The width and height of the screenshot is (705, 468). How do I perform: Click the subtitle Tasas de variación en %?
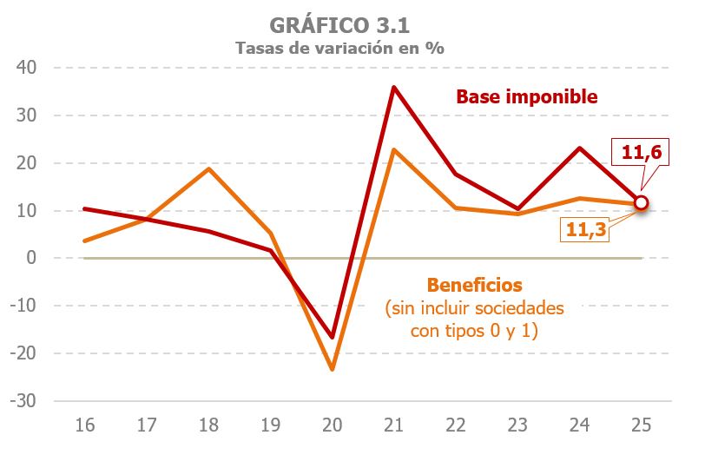[340, 48]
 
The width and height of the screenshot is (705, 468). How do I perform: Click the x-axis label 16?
[84, 425]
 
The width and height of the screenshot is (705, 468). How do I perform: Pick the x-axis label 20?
[333, 425]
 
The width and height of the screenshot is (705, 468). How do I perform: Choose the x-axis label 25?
[642, 425]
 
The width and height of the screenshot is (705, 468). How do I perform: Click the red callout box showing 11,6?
[642, 152]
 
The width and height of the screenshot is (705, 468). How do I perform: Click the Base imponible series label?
[527, 96]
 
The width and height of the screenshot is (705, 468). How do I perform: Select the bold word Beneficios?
[474, 285]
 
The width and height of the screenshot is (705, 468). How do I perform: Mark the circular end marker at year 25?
[642, 203]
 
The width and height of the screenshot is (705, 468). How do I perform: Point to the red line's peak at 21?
[394, 87]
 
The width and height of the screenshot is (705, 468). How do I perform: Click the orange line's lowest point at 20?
[333, 369]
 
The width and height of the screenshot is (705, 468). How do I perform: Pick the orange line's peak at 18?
[208, 168]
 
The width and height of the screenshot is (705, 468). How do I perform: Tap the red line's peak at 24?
[580, 148]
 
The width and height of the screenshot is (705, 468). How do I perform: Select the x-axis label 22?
[456, 425]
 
